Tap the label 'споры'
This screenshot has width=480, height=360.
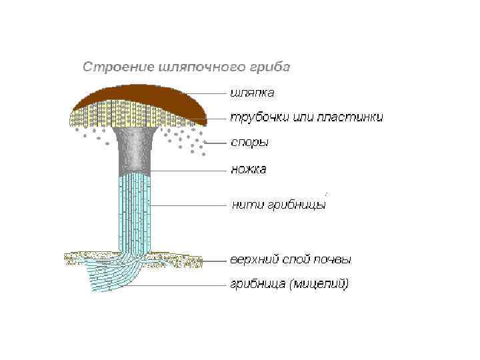(250, 143)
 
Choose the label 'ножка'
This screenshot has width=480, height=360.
(249, 169)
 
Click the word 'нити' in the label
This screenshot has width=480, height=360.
(247, 205)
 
